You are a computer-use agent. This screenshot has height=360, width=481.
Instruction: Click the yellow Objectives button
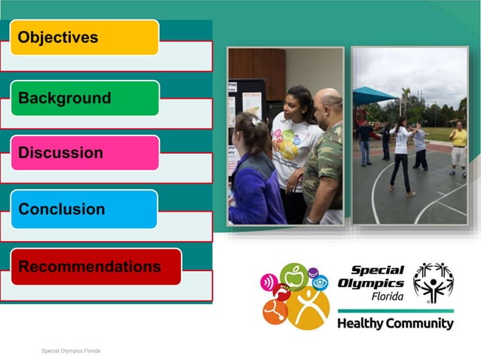pyautogui.click(x=84, y=37)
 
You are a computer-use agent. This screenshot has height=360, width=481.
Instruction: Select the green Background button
pyautogui.click(x=84, y=98)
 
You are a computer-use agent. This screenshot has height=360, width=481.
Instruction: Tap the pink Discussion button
pyautogui.click(x=84, y=153)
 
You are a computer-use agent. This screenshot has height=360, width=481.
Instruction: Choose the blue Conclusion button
pyautogui.click(x=84, y=209)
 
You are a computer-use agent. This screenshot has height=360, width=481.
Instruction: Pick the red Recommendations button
pyautogui.click(x=96, y=267)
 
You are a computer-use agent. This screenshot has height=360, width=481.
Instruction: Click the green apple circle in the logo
pyautogui.click(x=294, y=278)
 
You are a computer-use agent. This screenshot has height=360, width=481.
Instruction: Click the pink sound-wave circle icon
pyautogui.click(x=269, y=285)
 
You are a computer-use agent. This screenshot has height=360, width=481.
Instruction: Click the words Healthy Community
pyautogui.click(x=395, y=324)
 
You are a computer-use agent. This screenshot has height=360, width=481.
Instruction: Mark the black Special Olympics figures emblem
pyautogui.click(x=433, y=282)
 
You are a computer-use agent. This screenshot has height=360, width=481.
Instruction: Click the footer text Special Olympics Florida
pyautogui.click(x=71, y=351)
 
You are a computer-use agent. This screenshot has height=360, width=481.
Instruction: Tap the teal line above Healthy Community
pyautogui.click(x=395, y=310)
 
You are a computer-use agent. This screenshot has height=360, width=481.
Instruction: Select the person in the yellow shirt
pyautogui.click(x=458, y=147)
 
